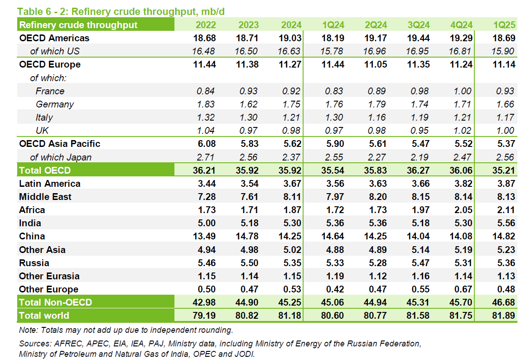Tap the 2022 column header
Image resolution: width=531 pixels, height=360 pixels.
point(206,25)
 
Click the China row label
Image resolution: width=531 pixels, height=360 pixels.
point(32,236)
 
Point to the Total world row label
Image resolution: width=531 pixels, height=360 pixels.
point(44,316)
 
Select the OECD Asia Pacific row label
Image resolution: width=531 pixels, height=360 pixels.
point(59,144)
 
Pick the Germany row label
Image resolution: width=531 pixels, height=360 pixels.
point(54,104)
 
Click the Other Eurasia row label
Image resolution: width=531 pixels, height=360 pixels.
point(49,276)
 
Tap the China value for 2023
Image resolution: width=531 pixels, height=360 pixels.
point(247,236)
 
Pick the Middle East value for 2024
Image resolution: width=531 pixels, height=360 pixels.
point(290,197)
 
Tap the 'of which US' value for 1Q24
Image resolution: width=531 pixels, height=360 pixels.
point(333,51)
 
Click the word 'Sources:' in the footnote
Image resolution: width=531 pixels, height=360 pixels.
point(34,344)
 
